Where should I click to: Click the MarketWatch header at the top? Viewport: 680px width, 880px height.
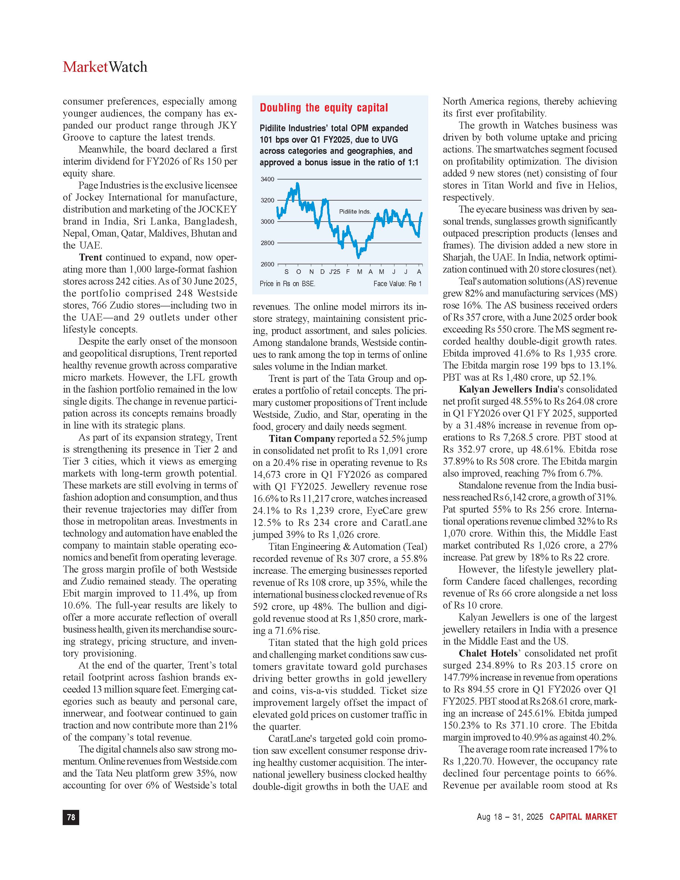105,67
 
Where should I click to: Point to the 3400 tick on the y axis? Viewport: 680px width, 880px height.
267,179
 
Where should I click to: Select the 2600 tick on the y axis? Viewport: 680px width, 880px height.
267,264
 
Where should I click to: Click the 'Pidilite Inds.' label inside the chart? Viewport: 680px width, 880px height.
354,211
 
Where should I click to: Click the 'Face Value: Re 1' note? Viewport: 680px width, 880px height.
397,284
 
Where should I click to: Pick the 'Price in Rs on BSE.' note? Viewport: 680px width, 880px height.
287,284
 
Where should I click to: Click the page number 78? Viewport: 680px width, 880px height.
71,817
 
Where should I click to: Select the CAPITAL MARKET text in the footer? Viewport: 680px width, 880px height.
583,817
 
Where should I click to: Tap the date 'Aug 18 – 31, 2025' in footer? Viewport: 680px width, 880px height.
510,817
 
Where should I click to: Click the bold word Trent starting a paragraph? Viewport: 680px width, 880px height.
91,258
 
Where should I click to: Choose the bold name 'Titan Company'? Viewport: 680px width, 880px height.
302,439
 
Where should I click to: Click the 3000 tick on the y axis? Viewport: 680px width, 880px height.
267,222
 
